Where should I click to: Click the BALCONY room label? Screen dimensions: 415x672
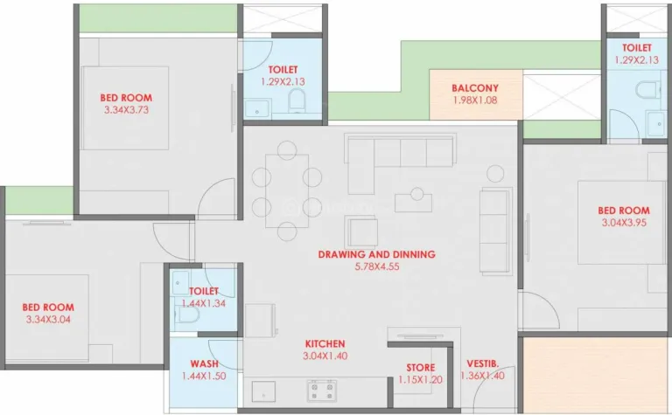coord(475,88)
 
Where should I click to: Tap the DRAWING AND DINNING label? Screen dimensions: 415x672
coord(376,255)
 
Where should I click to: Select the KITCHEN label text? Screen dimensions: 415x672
coord(325,344)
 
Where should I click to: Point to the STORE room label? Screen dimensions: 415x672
coord(420,368)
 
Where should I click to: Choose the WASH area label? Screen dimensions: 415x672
coord(203,363)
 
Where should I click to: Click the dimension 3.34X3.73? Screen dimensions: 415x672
coord(126,111)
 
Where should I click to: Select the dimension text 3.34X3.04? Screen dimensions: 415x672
coord(48,320)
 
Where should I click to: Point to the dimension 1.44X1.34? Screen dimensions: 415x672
coord(203,303)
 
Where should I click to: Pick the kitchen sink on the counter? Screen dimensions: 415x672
coord(263,390)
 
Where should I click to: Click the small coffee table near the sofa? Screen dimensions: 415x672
coord(413,202)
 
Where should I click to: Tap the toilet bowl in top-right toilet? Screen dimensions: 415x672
coord(648,93)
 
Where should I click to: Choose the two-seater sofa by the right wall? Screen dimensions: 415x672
coord(494,218)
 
